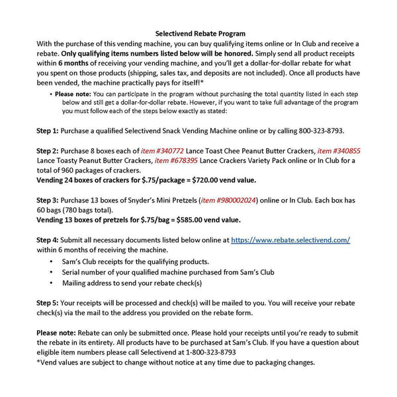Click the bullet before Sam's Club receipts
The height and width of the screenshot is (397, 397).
click(52, 262)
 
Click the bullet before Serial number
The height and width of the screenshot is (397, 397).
click(52, 272)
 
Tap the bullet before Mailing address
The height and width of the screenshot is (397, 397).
click(52, 283)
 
